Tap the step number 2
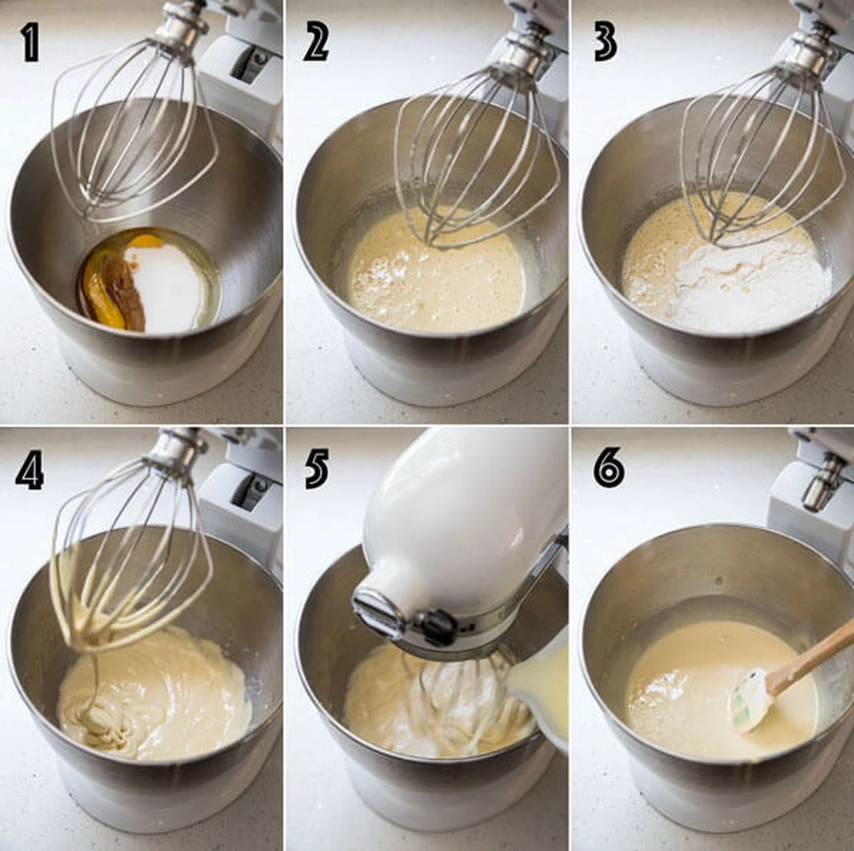coord(315,43)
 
